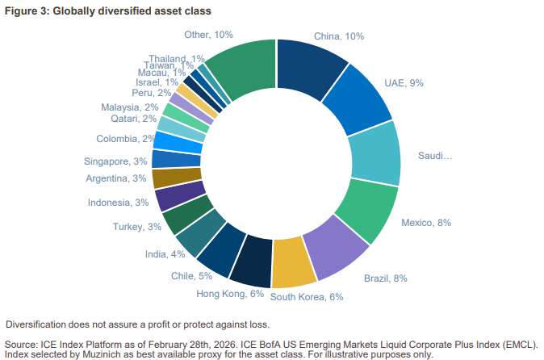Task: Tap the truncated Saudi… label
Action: click(435, 155)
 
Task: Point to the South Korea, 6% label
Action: click(307, 296)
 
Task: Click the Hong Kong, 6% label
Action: click(230, 293)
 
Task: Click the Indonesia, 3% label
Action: click(119, 203)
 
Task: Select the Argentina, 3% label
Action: click(116, 178)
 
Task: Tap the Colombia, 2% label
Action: click(126, 139)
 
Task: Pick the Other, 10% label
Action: click(208, 35)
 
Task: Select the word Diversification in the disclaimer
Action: click(37, 324)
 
